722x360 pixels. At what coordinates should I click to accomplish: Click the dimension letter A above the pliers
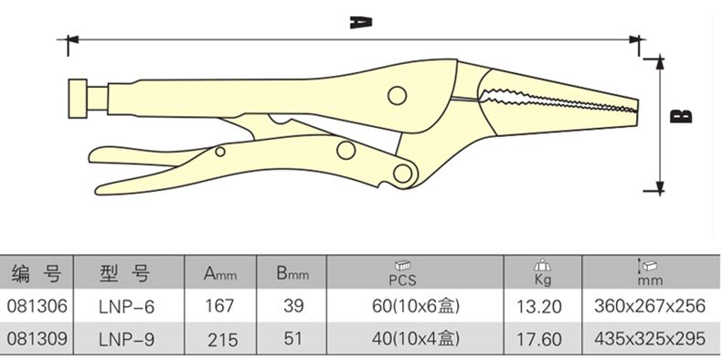pyautogui.click(x=360, y=23)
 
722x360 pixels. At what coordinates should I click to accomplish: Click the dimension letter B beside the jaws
pyautogui.click(x=681, y=116)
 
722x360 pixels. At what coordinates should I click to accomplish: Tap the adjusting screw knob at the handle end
pyautogui.click(x=78, y=99)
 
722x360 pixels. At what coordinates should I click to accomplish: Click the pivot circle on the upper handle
pyautogui.click(x=397, y=96)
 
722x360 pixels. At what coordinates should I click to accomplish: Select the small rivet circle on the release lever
pyautogui.click(x=220, y=152)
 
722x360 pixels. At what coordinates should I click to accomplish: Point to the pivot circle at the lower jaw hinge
pyautogui.click(x=403, y=174)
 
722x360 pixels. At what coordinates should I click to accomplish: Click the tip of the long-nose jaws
pyautogui.click(x=637, y=109)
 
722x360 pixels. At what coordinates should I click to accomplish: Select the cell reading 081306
pyautogui.click(x=37, y=306)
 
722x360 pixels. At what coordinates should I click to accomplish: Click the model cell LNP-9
pyautogui.click(x=127, y=340)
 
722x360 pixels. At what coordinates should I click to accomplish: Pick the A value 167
pyautogui.click(x=220, y=306)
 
